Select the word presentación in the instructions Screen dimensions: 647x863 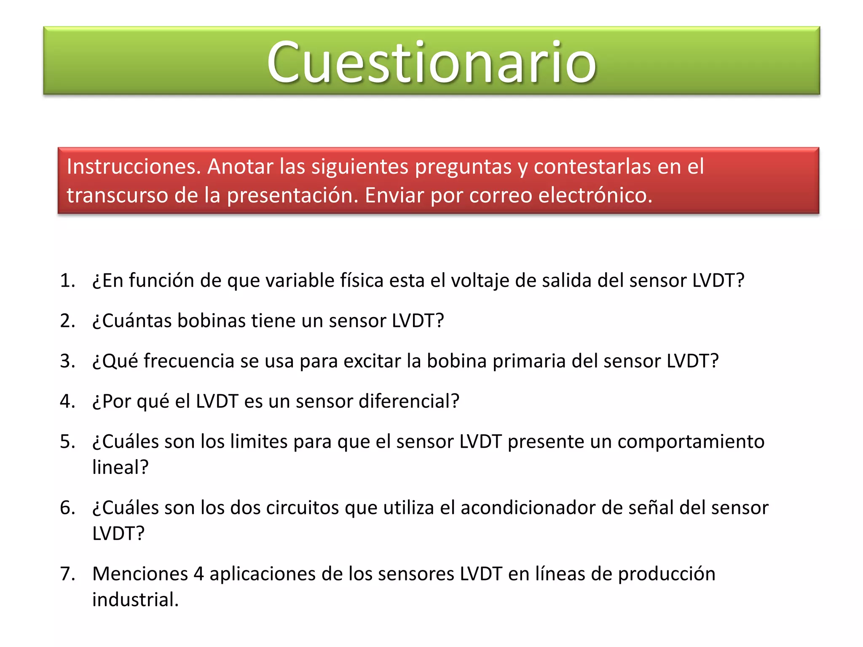[x=292, y=195]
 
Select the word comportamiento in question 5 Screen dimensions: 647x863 [x=691, y=442]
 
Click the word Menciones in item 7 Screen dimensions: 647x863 [x=140, y=574]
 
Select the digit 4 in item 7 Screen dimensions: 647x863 [x=198, y=574]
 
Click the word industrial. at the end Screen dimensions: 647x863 [x=135, y=600]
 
